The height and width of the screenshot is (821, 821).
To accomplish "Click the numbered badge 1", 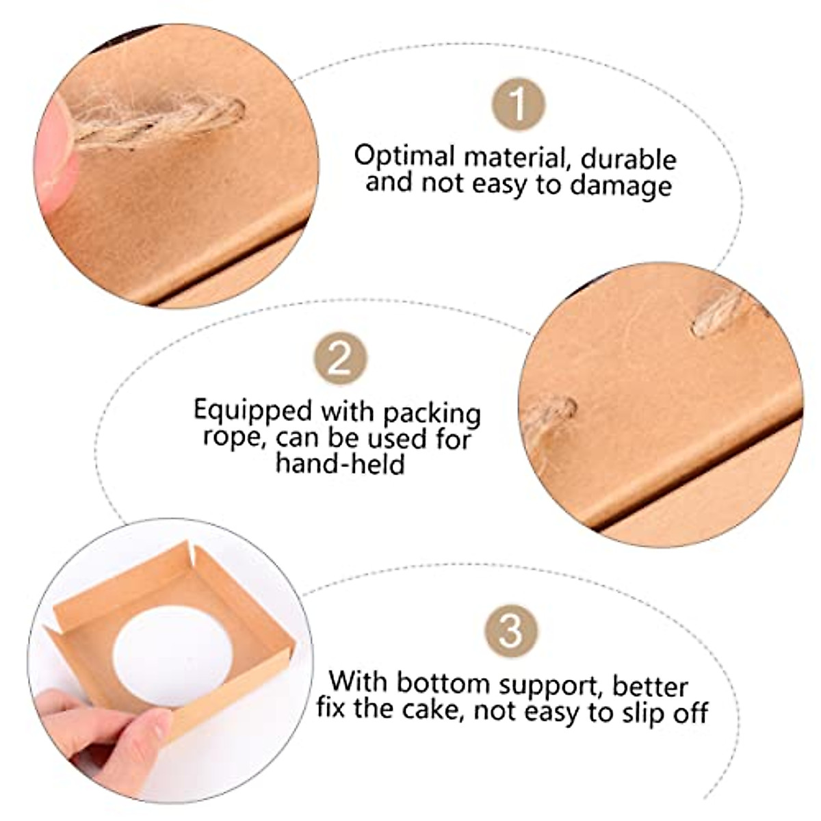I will click(x=518, y=104).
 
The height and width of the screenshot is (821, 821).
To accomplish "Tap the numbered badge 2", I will click(x=340, y=358).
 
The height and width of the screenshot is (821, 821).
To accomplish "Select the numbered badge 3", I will click(x=510, y=630).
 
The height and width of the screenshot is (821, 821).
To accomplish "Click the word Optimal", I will click(x=404, y=157).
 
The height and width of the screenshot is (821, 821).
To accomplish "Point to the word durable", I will click(x=628, y=159).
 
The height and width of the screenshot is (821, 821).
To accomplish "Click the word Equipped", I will click(x=252, y=412).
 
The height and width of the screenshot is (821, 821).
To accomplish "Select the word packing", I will click(x=432, y=414).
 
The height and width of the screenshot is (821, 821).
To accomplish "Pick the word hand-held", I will click(x=340, y=464).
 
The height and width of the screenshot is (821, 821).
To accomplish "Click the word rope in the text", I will click(x=232, y=438).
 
